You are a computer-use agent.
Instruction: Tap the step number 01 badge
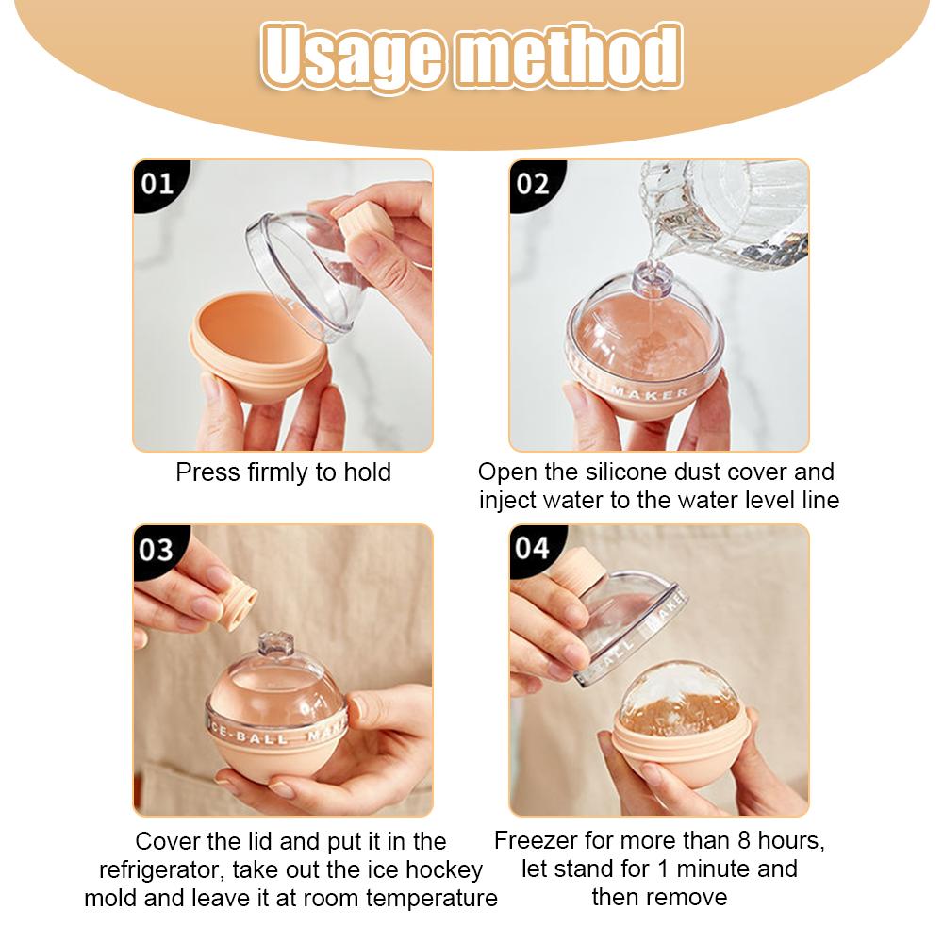(x=158, y=184)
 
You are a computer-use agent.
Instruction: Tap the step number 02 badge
(x=534, y=184)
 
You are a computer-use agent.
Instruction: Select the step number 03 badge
(x=157, y=550)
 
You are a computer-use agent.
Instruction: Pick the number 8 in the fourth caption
(x=743, y=841)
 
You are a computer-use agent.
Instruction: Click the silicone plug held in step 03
(x=239, y=606)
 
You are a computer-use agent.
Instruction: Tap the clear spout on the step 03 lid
(x=276, y=645)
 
